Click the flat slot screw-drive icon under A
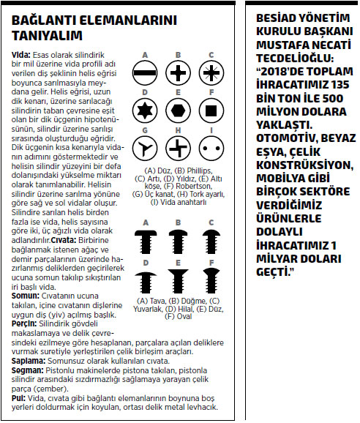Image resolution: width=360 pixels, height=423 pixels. [x=145, y=73]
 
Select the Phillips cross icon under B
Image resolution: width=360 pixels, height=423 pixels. [x=178, y=73]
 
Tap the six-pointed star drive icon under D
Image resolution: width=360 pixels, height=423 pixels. [x=145, y=111]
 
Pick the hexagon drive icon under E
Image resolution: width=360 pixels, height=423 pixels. [x=178, y=111]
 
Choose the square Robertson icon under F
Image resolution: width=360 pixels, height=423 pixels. [x=211, y=111]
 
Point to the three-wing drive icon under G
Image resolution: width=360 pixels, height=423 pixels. [x=145, y=149]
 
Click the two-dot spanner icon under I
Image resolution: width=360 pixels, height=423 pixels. [x=211, y=149]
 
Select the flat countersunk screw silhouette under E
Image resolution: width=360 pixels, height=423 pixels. [x=178, y=281]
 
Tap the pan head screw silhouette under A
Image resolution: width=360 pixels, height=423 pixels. [x=146, y=242]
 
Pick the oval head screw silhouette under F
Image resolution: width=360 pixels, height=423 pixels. [x=211, y=280]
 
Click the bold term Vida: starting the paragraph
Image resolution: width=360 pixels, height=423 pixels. [x=21, y=55]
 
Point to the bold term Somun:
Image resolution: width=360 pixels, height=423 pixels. [x=26, y=296]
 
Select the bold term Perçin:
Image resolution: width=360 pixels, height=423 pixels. [x=24, y=323]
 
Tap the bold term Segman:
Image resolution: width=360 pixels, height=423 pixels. [x=27, y=370]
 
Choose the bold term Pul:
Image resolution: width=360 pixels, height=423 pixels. [x=18, y=398]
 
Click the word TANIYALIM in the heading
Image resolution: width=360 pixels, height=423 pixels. [x=47, y=36]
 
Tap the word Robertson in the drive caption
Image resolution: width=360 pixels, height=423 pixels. [x=194, y=186]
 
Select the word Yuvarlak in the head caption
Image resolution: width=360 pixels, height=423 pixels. [x=148, y=309]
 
